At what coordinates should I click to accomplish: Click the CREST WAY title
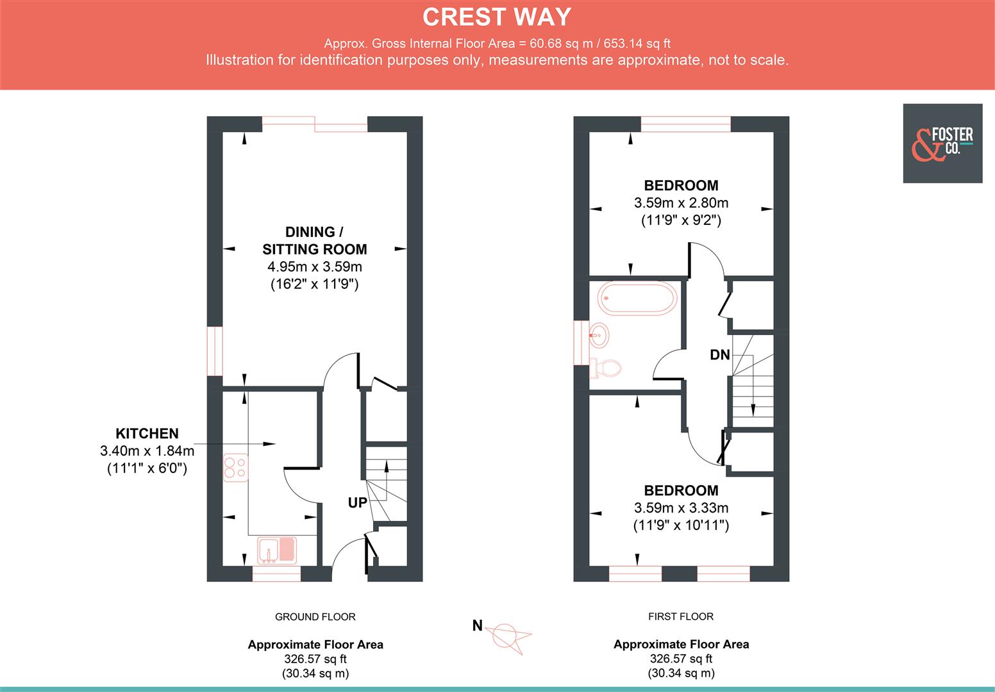pyautogui.click(x=497, y=17)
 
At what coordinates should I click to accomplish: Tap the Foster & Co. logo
pyautogui.click(x=942, y=144)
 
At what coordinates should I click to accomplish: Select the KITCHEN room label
pyautogui.click(x=147, y=434)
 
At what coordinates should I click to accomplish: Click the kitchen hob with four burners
pyautogui.click(x=235, y=467)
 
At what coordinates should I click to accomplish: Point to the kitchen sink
pyautogui.click(x=277, y=550)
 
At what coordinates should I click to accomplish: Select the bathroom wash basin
pyautogui.click(x=598, y=333)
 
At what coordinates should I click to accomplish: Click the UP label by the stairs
pyautogui.click(x=357, y=503)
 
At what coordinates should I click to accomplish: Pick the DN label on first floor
pyautogui.click(x=719, y=354)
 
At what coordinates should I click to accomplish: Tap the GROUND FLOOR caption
pyautogui.click(x=315, y=617)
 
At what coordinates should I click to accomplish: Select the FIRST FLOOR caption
pyautogui.click(x=680, y=616)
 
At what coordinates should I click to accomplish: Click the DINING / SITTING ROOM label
pyautogui.click(x=314, y=241)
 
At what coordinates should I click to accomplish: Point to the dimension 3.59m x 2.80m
pyautogui.click(x=681, y=203)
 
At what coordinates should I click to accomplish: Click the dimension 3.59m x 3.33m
pyautogui.click(x=681, y=508)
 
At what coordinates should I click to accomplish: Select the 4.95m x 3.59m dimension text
pyautogui.click(x=314, y=267)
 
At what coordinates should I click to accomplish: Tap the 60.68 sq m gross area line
pyautogui.click(x=497, y=44)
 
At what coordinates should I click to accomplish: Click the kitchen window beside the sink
pyautogui.click(x=276, y=573)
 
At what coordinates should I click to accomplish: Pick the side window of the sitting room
pyautogui.click(x=214, y=351)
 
